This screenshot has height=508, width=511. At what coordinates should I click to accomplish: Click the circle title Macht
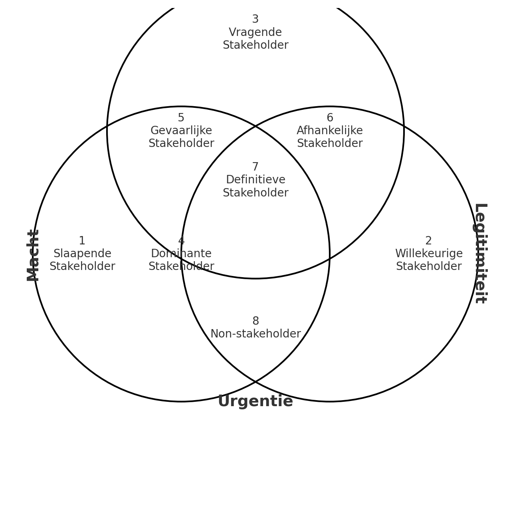coord(33,255)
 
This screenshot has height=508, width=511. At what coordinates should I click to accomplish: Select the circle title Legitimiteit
coord(480,253)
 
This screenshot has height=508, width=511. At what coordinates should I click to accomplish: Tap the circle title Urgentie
coord(255,401)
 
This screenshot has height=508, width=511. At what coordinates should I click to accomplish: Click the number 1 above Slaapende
coord(82,241)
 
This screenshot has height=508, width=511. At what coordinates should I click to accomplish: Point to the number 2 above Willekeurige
coord(428,241)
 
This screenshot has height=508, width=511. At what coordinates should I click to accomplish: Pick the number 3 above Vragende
coord(255,19)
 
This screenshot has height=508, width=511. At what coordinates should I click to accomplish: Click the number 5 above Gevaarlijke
coord(181,118)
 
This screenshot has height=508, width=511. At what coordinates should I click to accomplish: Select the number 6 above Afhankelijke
coord(330,118)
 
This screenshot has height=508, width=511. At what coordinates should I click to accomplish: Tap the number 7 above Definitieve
coord(255,167)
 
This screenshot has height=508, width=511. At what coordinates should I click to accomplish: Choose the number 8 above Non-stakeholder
coord(255,321)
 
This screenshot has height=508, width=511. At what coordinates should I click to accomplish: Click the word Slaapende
coord(82,254)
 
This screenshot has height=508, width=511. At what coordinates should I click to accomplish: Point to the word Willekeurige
coord(429,254)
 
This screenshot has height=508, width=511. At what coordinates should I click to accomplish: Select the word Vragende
coord(255,32)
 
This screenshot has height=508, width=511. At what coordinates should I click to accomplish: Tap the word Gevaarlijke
coord(181,131)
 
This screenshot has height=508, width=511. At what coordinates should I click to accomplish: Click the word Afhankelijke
coord(330,131)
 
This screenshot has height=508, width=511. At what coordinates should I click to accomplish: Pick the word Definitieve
coord(255,180)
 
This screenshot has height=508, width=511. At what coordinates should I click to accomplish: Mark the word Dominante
coord(181,254)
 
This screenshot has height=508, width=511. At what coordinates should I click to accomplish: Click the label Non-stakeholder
coord(255,334)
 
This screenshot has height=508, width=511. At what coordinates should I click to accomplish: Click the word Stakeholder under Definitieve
coord(255,193)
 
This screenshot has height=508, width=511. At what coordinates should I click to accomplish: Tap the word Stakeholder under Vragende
coord(255,45)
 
